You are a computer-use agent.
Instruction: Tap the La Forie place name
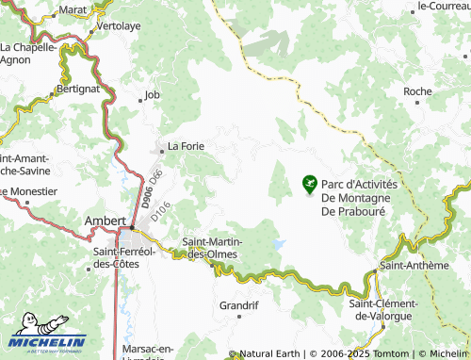tap(186, 146)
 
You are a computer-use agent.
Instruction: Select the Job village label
tap(153, 95)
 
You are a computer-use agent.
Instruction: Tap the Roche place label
tap(417, 91)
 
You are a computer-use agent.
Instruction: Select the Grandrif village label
tap(238, 305)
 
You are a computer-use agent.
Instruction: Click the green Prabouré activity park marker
tap(309, 184)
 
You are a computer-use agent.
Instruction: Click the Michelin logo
tap(47, 342)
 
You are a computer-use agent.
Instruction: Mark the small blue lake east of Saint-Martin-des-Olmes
tap(278, 244)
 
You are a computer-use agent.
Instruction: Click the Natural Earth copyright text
tap(270, 353)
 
